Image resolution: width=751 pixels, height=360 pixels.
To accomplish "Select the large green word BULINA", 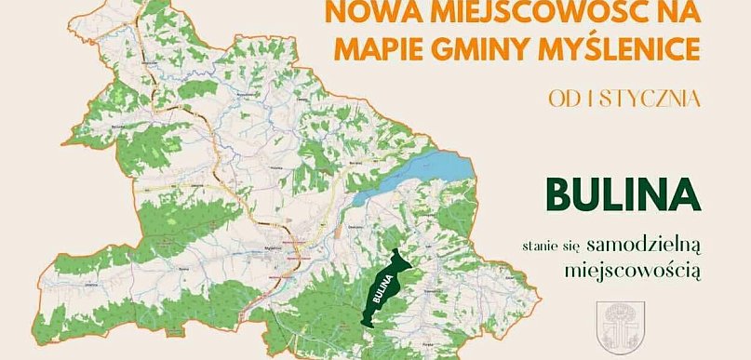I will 623,194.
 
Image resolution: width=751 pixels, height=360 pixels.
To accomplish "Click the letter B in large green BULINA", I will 561,194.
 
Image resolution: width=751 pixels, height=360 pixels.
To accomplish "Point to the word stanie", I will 541,247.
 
